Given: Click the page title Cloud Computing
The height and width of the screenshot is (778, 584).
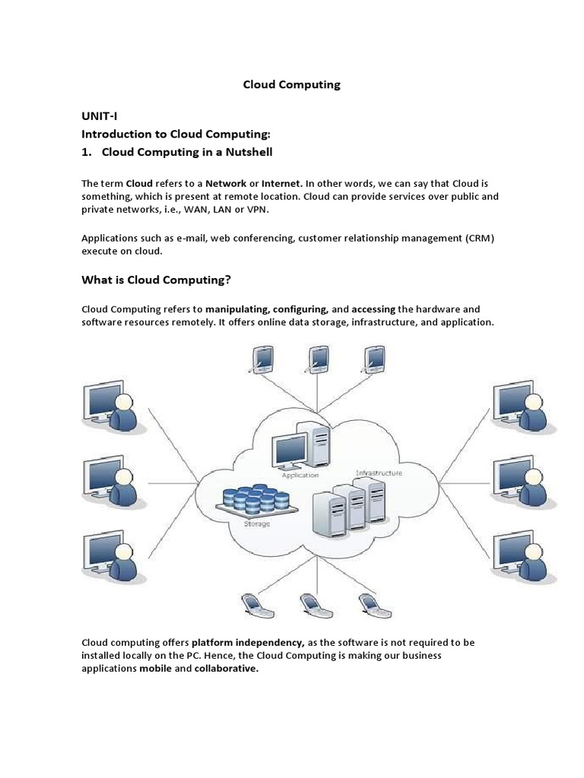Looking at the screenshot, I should click(x=291, y=85).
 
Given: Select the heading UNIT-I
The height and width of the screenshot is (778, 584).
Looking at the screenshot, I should click(x=101, y=115).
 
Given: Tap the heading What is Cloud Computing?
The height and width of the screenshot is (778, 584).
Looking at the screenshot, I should click(x=156, y=280).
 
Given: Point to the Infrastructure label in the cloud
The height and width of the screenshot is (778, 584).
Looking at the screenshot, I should click(x=379, y=473).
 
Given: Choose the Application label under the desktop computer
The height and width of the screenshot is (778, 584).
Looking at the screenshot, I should click(x=300, y=476).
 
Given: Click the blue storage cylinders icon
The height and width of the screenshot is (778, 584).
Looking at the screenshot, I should click(x=255, y=498).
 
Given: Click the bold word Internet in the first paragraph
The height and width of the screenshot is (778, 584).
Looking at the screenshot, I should click(x=282, y=183).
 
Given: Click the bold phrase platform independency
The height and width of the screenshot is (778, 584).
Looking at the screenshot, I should click(x=248, y=642).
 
